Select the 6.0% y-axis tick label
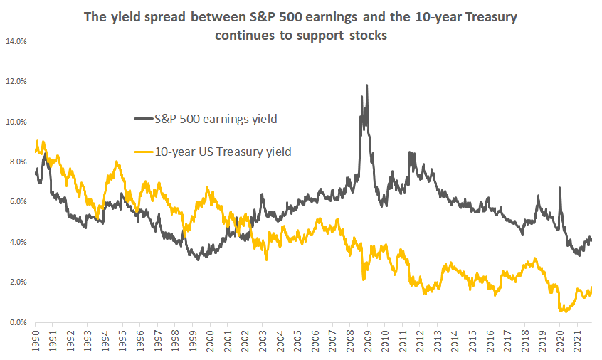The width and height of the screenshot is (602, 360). click(x=17, y=202)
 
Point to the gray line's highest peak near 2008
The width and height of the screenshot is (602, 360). click(x=366, y=85)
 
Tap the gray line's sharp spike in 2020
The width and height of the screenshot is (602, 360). click(x=559, y=188)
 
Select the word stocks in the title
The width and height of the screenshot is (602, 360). click(x=368, y=36)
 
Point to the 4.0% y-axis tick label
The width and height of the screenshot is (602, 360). click(x=17, y=243)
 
